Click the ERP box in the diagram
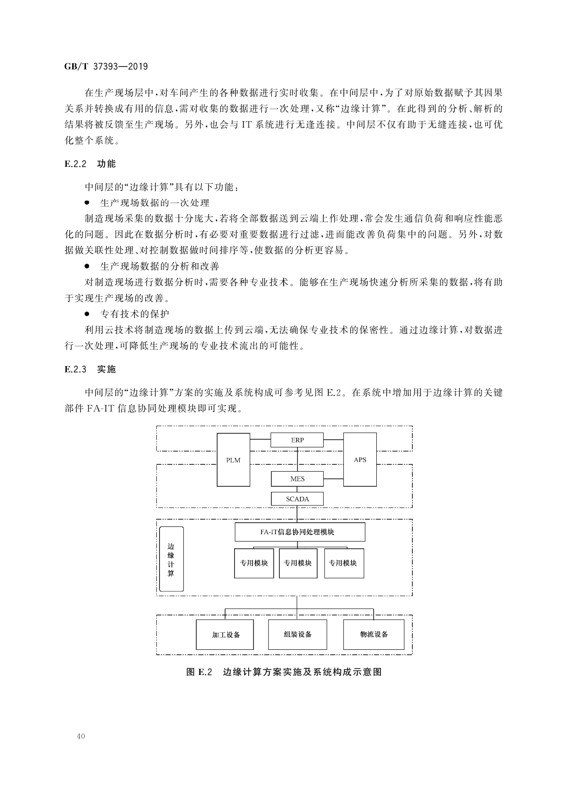(297, 440)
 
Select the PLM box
(233, 460)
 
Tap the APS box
(360, 460)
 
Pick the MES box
(297, 479)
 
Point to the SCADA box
(297, 499)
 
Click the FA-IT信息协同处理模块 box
(300, 532)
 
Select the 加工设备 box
(225, 634)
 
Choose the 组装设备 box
(298, 634)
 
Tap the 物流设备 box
(374, 634)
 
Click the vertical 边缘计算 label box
(171, 559)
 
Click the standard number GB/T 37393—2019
(106, 66)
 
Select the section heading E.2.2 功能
(90, 164)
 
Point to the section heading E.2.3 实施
(90, 369)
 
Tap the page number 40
(81, 736)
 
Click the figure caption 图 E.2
(284, 672)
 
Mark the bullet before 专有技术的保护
(86, 314)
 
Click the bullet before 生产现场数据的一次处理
(86, 202)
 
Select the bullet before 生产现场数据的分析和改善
(86, 266)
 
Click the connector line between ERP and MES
(298, 459)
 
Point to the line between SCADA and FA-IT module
(297, 514)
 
